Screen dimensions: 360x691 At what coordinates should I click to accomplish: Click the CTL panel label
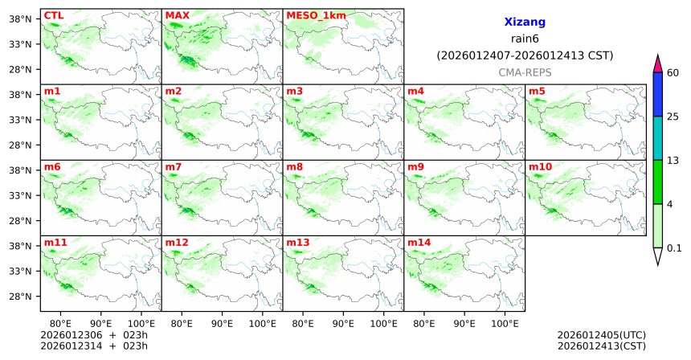[x=53, y=15]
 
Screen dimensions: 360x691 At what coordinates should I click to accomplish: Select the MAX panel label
[x=177, y=15]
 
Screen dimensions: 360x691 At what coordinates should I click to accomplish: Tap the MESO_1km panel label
[x=316, y=15]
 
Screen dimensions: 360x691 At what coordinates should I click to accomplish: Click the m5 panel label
[x=537, y=91]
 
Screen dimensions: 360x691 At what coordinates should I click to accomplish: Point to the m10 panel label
[x=540, y=166]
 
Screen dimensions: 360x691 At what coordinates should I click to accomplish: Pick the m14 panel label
[x=419, y=242]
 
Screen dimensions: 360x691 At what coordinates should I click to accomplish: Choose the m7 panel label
[x=174, y=166]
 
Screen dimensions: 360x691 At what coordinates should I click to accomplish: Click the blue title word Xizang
[x=525, y=23]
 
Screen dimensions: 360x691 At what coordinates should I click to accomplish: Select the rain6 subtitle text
[x=525, y=39]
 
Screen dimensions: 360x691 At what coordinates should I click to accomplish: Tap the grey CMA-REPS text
[x=525, y=72]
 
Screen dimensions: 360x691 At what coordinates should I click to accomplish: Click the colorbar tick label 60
[x=673, y=73]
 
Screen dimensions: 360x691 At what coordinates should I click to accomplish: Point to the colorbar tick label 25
[x=673, y=117]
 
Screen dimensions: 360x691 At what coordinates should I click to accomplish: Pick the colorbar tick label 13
[x=673, y=161]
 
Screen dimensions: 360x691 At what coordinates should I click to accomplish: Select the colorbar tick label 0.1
[x=674, y=247]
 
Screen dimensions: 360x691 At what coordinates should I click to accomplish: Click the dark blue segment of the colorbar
[x=657, y=95]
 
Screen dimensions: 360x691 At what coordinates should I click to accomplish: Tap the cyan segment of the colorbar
[x=657, y=138]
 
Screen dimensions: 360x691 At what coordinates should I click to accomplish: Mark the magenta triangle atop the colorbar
[x=657, y=64]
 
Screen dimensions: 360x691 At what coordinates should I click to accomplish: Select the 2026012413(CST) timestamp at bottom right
[x=601, y=346]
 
